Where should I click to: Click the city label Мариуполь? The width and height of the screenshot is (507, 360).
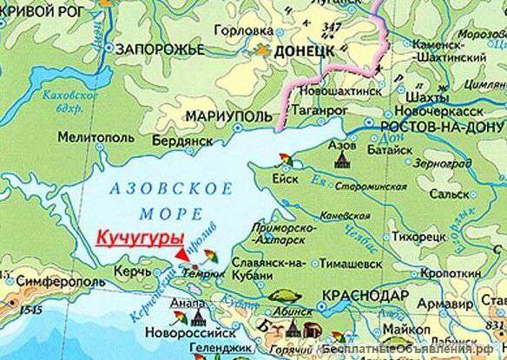(x=224, y=116)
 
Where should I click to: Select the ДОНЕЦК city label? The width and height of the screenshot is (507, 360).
(x=303, y=52)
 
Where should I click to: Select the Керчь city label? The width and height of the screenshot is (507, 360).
(x=122, y=272)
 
